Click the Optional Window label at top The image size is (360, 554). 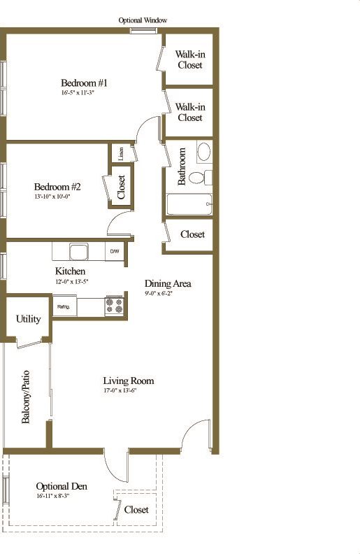(143, 21)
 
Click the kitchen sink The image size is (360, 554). (78, 250)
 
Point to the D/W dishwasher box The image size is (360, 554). (114, 251)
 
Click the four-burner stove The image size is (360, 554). (114, 306)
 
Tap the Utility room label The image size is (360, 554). (28, 319)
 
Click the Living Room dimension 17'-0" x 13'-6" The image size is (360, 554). (128, 391)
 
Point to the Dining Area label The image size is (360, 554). (168, 283)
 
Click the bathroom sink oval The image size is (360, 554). (204, 152)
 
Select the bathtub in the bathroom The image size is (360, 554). (189, 204)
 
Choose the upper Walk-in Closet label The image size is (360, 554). (189, 59)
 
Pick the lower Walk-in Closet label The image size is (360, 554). (189, 112)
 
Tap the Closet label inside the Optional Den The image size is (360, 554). (136, 509)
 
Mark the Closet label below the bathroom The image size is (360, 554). (192, 234)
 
